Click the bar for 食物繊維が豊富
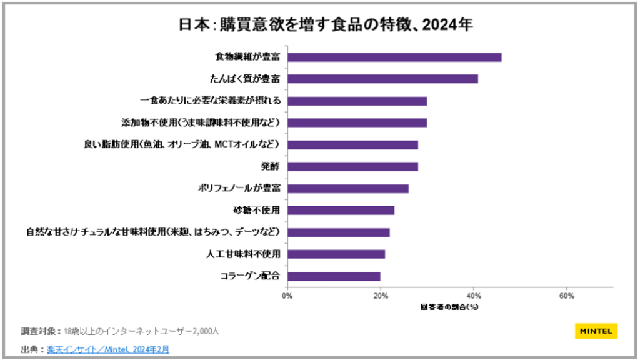pyautogui.click(x=394, y=57)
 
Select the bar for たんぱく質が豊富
pyautogui.click(x=382, y=79)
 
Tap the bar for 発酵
pyautogui.click(x=352, y=167)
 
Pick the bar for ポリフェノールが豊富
pyautogui.click(x=347, y=189)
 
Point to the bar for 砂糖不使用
pyautogui.click(x=341, y=211)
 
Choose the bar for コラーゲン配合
pyautogui.click(x=334, y=276)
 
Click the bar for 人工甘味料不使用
pyautogui.click(x=336, y=254)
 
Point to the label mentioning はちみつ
pyautogui.click(x=153, y=232)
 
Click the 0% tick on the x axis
pyautogui.click(x=287, y=296)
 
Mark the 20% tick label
pyautogui.click(x=380, y=296)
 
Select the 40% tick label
pyautogui.click(x=473, y=296)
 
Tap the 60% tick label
pyautogui.click(x=566, y=296)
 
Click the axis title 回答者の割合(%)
pyautogui.click(x=449, y=307)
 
